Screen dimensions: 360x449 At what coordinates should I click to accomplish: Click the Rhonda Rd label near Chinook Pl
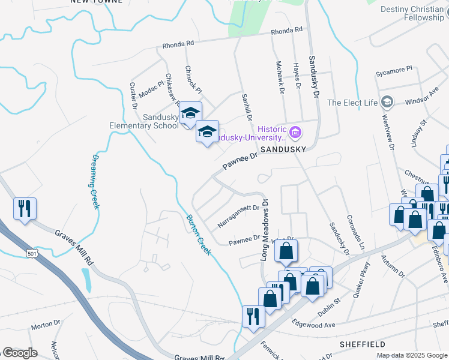[178, 44]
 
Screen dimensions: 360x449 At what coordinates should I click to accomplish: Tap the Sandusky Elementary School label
[144, 121]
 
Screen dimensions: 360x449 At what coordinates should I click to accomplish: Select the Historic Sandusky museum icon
[295, 131]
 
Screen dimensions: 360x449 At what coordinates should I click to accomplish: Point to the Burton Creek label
[199, 235]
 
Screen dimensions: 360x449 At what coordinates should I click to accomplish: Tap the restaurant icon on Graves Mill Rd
[25, 208]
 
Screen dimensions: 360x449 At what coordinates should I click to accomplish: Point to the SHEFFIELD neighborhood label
[362, 344]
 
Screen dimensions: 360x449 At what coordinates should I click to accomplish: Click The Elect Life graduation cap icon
[387, 103]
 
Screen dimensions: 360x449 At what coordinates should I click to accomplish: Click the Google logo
[20, 353]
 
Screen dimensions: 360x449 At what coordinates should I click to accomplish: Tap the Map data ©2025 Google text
[411, 355]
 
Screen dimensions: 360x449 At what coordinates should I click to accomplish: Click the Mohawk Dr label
[280, 76]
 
